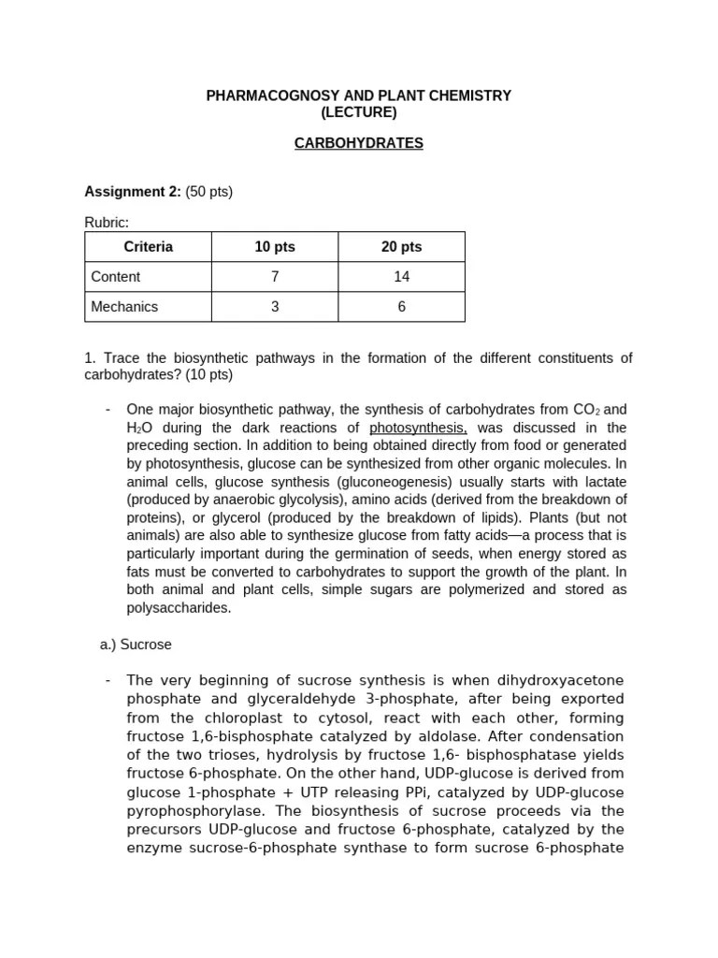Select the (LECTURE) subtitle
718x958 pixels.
(359, 113)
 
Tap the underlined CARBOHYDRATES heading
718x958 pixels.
(359, 144)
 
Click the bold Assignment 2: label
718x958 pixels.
(133, 192)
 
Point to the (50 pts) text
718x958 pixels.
(208, 192)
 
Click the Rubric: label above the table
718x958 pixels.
(107, 223)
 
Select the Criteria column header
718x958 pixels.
(148, 247)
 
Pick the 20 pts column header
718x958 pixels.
(401, 247)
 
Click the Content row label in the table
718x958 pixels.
(116, 277)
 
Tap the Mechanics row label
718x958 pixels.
(124, 307)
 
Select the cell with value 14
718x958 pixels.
(401, 277)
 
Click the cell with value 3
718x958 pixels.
(275, 307)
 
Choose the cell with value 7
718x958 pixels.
(275, 277)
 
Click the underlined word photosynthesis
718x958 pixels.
(418, 428)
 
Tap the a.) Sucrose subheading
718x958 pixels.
(136, 646)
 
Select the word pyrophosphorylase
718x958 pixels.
(191, 811)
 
